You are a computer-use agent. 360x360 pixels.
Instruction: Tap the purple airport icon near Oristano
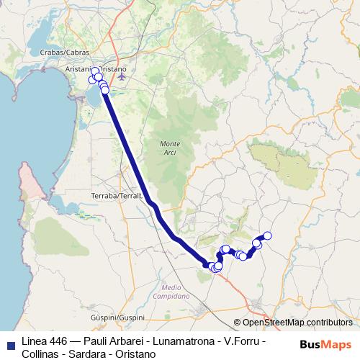point(122,75)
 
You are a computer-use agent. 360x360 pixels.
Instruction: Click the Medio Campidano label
point(171,292)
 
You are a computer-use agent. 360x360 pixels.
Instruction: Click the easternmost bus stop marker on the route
point(267,235)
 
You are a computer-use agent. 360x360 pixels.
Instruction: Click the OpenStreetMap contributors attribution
point(293,323)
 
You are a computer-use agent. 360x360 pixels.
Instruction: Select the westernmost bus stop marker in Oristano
point(91,79)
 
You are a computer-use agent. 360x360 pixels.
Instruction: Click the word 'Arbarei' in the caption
point(127,341)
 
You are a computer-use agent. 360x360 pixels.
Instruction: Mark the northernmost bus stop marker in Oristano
point(95,71)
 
